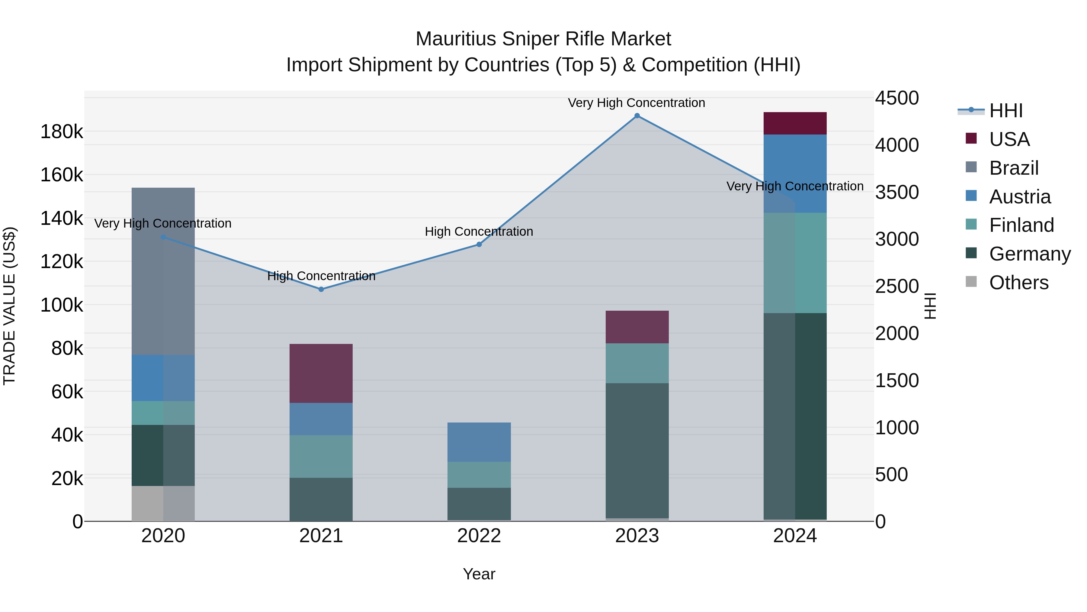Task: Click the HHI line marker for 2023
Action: [637, 116]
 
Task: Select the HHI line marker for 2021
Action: [321, 289]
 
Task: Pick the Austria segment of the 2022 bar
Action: [479, 442]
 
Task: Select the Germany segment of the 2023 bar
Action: [637, 450]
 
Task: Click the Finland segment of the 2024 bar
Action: [795, 263]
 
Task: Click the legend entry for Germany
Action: [1030, 254]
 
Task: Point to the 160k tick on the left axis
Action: [62, 175]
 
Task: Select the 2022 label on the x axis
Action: [479, 536]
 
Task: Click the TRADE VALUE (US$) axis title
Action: [10, 306]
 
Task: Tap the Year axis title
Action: [479, 574]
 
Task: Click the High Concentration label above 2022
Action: [479, 232]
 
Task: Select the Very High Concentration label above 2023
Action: [636, 103]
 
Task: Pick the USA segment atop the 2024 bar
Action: [795, 123]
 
